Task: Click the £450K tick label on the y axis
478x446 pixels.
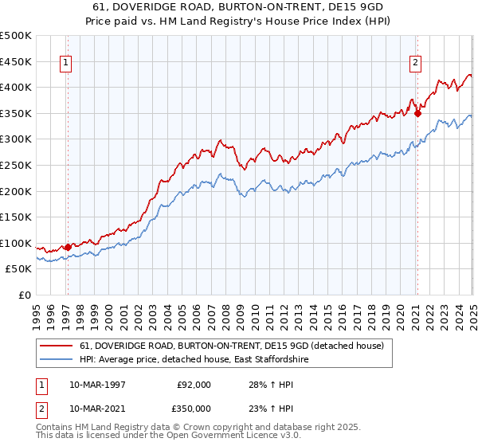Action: click(x=16, y=61)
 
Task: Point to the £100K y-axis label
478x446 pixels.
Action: click(x=16, y=243)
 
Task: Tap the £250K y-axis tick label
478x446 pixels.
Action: click(x=16, y=165)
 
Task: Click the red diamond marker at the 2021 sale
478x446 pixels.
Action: click(x=417, y=113)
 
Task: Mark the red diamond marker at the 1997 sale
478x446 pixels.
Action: click(x=68, y=247)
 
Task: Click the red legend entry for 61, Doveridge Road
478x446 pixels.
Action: click(x=232, y=346)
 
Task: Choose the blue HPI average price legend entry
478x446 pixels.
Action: click(x=194, y=360)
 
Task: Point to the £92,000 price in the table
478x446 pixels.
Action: click(x=193, y=384)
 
